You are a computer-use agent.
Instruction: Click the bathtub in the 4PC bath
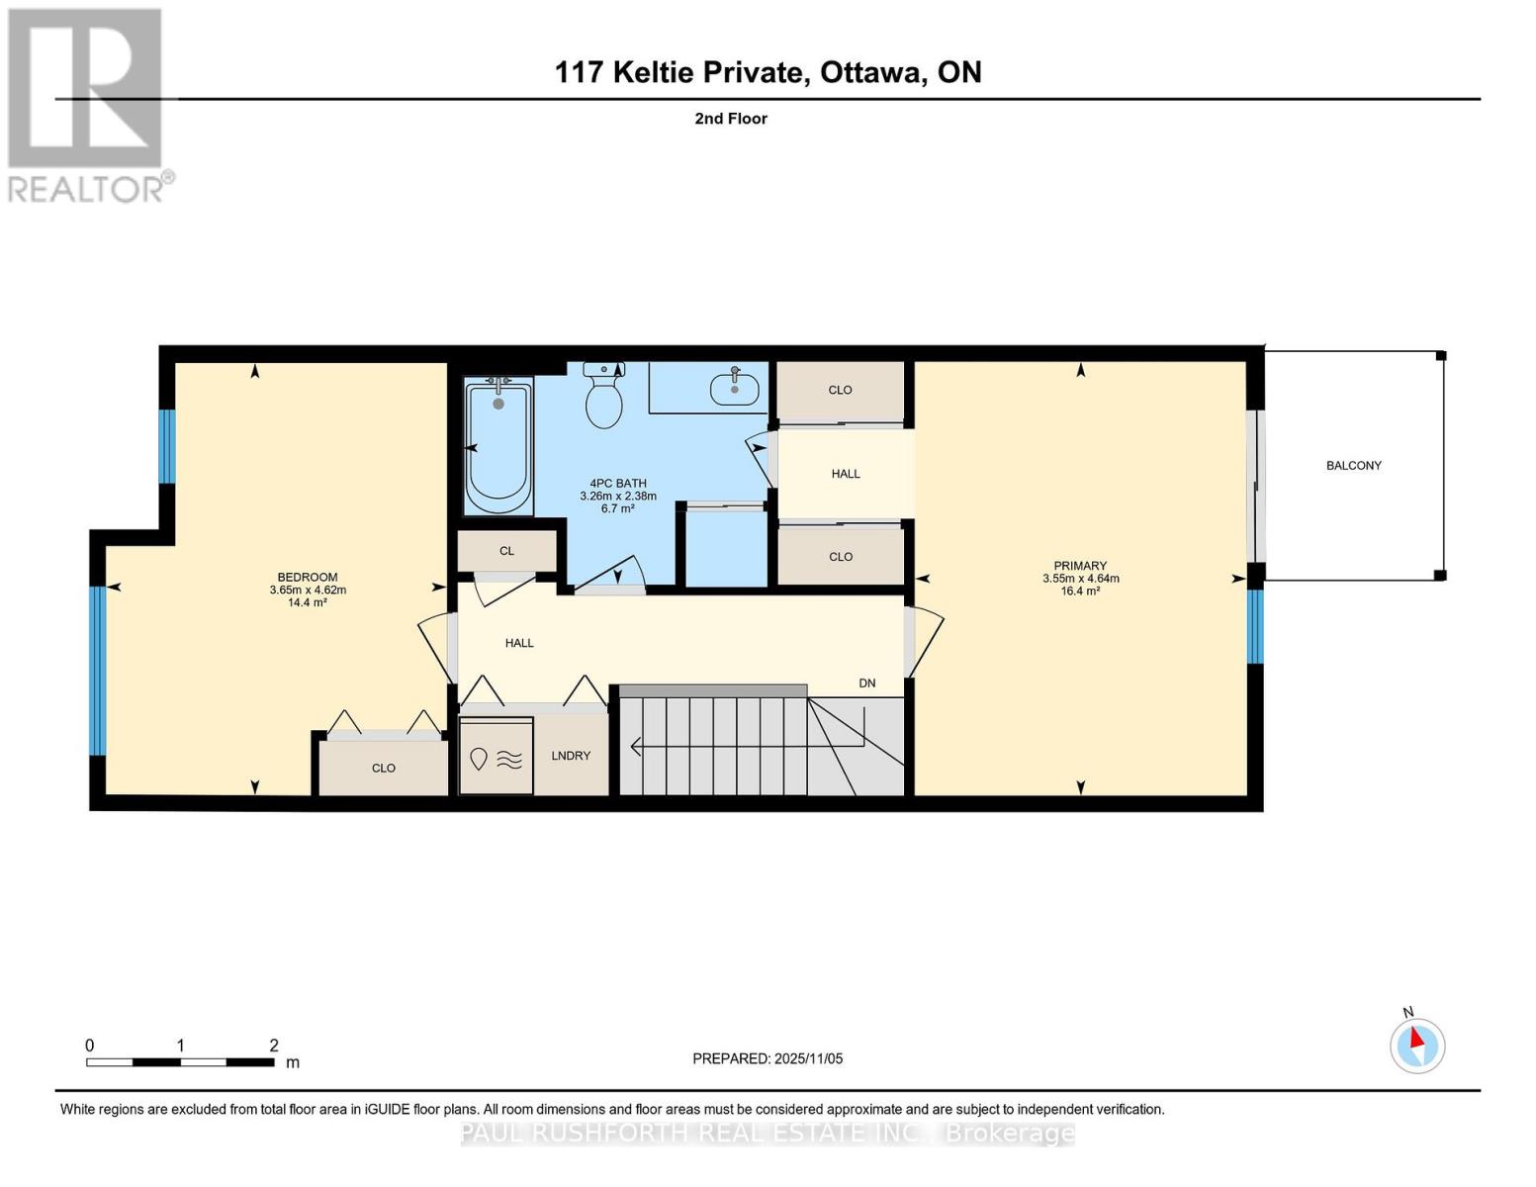click(x=498, y=446)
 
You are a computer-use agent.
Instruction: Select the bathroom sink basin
click(x=735, y=389)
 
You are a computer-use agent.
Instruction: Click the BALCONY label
click(x=1353, y=465)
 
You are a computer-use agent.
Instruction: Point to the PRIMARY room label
click(x=1080, y=566)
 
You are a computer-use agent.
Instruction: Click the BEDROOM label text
click(x=307, y=577)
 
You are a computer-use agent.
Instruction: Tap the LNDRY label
click(x=571, y=756)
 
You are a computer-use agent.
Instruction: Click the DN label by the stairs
click(x=867, y=684)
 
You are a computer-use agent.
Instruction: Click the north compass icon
click(x=1417, y=1045)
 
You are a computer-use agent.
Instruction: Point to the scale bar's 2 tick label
click(x=274, y=1046)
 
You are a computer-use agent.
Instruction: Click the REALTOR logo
click(x=86, y=105)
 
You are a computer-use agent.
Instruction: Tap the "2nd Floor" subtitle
click(x=731, y=119)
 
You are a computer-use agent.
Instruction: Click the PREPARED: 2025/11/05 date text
click(x=768, y=1058)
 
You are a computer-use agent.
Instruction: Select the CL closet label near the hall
click(x=506, y=551)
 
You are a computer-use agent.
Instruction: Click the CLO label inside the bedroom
click(x=384, y=769)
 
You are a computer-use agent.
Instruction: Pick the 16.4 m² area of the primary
click(x=1080, y=592)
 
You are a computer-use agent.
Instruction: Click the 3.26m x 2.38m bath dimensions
click(x=618, y=496)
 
